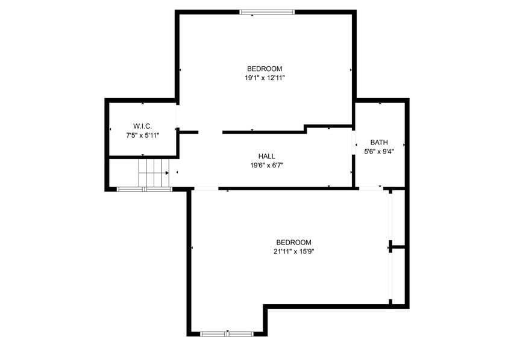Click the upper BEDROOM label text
pos(264,69)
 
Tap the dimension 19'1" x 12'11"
pos(264,78)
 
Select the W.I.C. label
pos(142,126)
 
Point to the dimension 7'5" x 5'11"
pos(142,135)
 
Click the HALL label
pos(266,156)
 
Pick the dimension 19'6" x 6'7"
pos(266,165)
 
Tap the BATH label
pos(379,142)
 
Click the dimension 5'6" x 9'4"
pos(379,152)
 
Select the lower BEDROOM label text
pos(294,243)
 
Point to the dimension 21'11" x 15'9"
pos(294,252)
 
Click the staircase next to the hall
pos(154,173)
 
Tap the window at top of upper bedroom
pos(267,11)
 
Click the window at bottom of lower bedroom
pos(227,333)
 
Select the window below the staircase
pos(144,190)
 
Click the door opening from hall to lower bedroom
pos(205,189)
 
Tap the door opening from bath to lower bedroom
pos(371,189)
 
